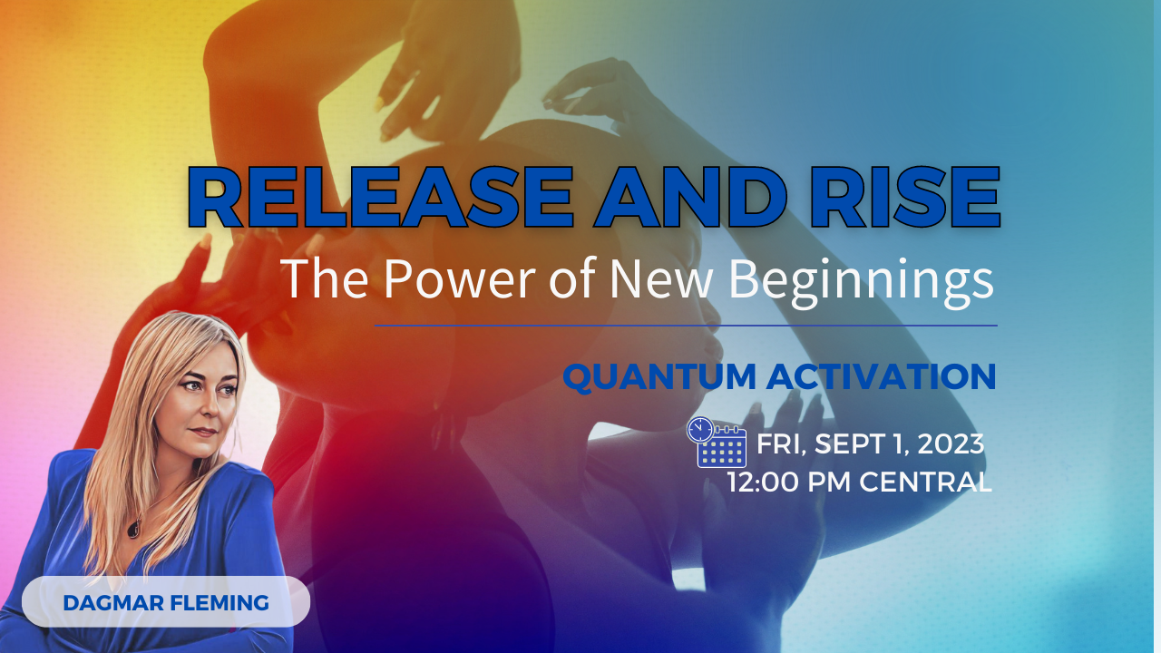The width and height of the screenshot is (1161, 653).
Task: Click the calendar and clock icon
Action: pyautogui.click(x=717, y=443)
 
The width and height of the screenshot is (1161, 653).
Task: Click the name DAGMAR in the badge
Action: pyautogui.click(x=106, y=602)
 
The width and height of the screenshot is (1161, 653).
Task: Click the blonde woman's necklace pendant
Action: pyautogui.click(x=134, y=528)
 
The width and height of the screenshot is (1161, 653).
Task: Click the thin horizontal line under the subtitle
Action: pyautogui.click(x=686, y=325)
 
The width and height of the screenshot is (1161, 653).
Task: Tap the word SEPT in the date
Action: pyautogui.click(x=850, y=444)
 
